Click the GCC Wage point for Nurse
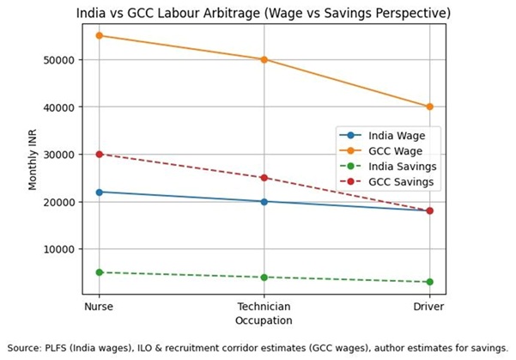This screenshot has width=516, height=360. pyautogui.click(x=99, y=36)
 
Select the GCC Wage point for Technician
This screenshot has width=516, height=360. pyautogui.click(x=264, y=59)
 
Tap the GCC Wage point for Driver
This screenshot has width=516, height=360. pyautogui.click(x=429, y=107)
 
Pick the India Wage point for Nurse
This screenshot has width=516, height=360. pyautogui.click(x=99, y=192)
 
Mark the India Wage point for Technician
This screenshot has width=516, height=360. pyautogui.click(x=264, y=201)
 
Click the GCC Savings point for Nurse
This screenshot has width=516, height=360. pyautogui.click(x=99, y=154)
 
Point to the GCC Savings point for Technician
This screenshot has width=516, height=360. pyautogui.click(x=264, y=178)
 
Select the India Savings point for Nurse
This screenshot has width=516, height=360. pyautogui.click(x=99, y=272)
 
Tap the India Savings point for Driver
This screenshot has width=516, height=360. pyautogui.click(x=429, y=282)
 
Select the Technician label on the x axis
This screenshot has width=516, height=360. pyautogui.click(x=264, y=307)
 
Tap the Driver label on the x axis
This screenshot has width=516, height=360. pyautogui.click(x=429, y=307)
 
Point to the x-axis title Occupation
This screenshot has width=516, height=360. pyautogui.click(x=264, y=320)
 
